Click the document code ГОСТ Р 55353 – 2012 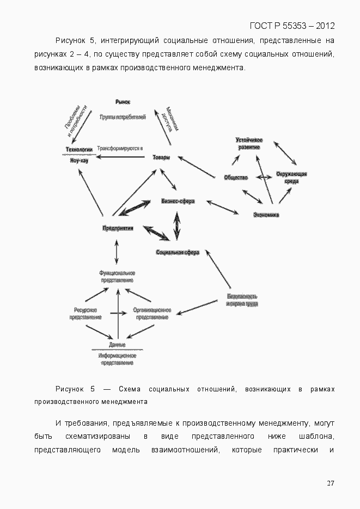pos(292,26)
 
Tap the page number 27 pos(330,483)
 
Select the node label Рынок pos(123,102)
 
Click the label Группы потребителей pos(123,117)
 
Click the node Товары pos(161,158)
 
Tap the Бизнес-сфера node pos(178,201)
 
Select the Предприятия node pos(118,228)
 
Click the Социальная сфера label pos(178,253)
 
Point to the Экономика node pos(266,215)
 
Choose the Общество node pos(236,177)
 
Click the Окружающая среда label pos(291,177)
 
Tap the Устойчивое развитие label pos(249,144)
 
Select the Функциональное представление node pos(117,276)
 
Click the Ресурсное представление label pos(86,314)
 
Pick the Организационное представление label pos(152,314)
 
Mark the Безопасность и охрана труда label pos(242,300)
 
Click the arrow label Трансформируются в pos(119,149)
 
